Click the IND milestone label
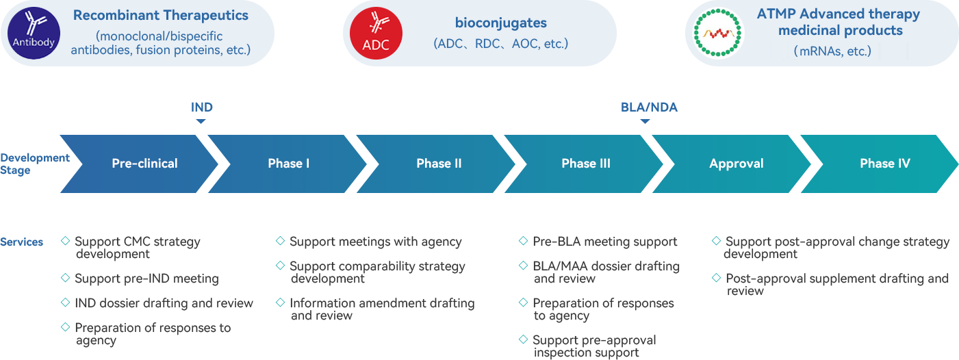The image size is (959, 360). pos(201,107)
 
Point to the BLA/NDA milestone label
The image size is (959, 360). pos(648,107)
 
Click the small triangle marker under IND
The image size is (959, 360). pos(201,121)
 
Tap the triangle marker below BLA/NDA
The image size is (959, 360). pos(645,121)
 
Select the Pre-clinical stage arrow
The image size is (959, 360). pos(144,164)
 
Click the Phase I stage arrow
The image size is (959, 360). pos(289,164)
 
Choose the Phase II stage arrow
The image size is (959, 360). pos(439,164)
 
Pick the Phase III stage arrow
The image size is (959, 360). pos(586,164)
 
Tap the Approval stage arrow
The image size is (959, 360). pos(736,164)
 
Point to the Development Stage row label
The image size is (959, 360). pos(35,164)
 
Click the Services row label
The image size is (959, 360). pos(22,242)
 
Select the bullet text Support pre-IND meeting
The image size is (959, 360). pos(146,279)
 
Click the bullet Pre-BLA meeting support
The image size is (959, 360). pos(604,242)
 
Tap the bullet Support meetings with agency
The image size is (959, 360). pos(375,242)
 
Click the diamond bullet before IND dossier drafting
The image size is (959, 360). pos(66,303)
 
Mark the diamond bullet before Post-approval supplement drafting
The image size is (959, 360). pos(716,278)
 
